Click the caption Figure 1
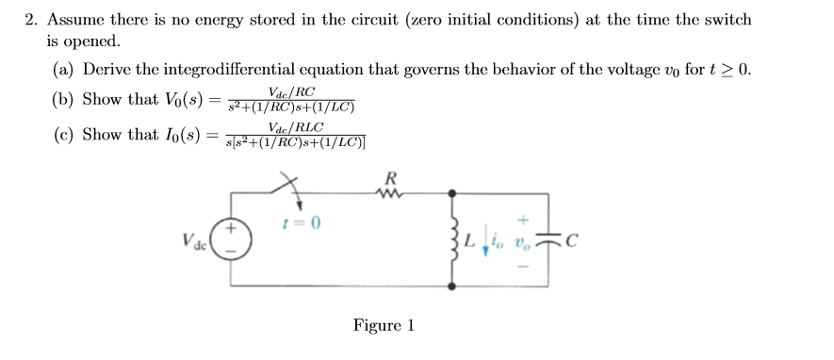pos(384,326)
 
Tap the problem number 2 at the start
pos(29,20)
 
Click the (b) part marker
pos(63,100)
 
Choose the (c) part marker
pos(63,135)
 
